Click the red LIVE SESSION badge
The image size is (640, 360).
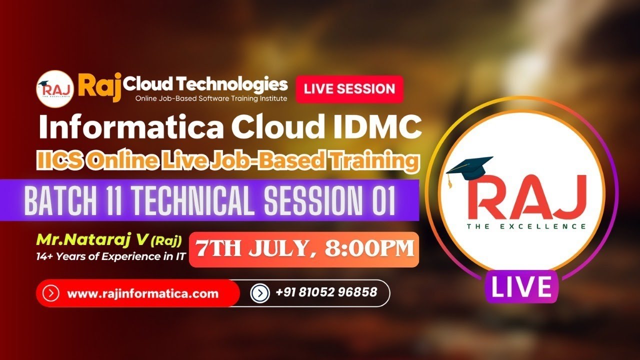coord(349,89)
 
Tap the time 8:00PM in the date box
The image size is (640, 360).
coord(369,249)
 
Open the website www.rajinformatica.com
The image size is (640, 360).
coord(142,293)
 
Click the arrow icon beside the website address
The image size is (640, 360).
coord(51,293)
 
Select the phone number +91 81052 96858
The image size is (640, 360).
coord(326,292)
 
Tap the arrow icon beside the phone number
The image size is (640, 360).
coord(260,293)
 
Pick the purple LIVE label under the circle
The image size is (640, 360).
coord(521,287)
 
